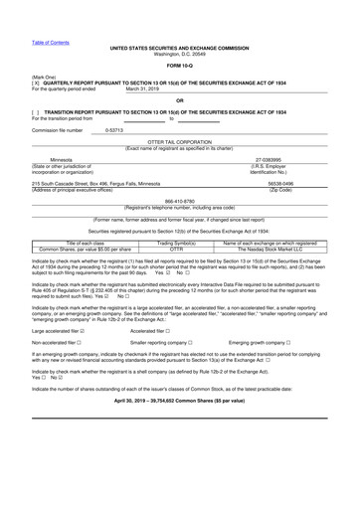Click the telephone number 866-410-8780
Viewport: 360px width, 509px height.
pos(179,198)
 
